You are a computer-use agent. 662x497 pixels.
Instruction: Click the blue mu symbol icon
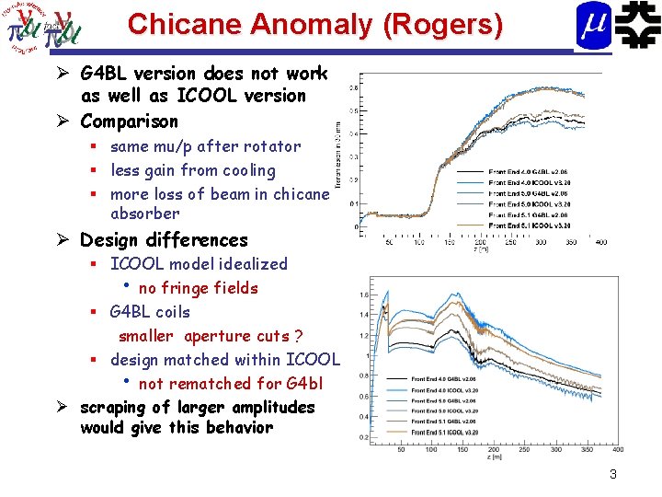(x=593, y=26)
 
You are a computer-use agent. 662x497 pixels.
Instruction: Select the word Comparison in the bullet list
(x=130, y=121)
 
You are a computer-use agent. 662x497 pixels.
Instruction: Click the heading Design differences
(x=164, y=240)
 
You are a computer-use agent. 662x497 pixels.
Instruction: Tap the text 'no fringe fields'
(x=198, y=288)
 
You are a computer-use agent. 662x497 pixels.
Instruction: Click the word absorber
(x=144, y=214)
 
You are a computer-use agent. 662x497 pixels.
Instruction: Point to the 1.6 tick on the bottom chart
(x=366, y=295)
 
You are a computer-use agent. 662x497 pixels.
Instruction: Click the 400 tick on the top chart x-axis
(x=600, y=242)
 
